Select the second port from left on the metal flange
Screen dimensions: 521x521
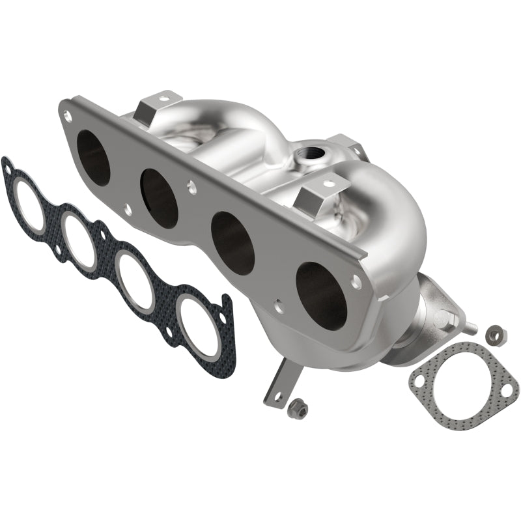click(x=160, y=198)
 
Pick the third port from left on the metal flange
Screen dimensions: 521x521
click(x=232, y=242)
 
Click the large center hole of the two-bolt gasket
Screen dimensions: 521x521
click(x=462, y=387)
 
